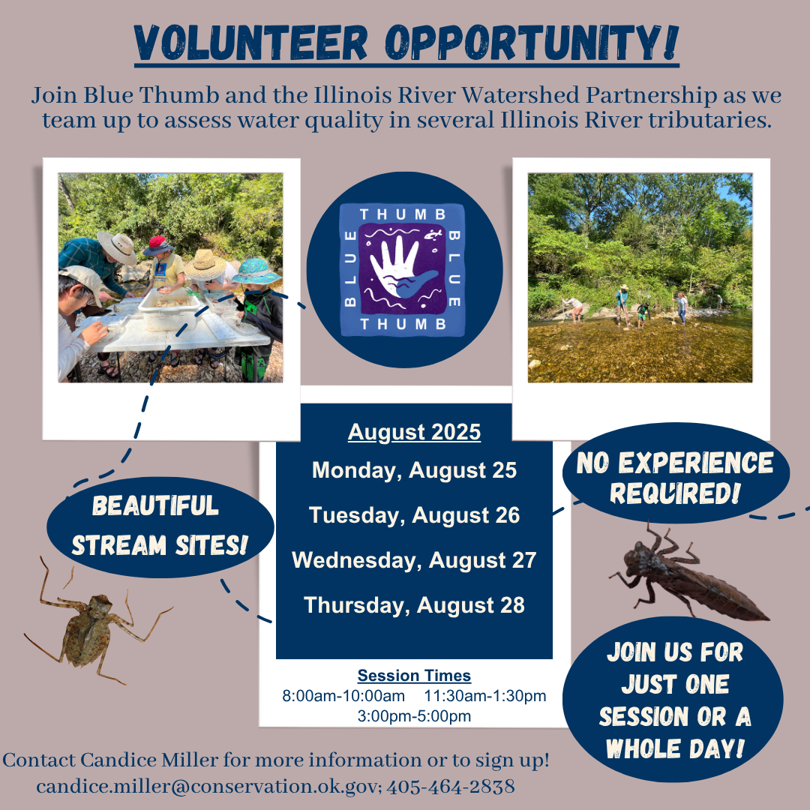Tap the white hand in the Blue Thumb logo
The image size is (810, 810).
point(398,266)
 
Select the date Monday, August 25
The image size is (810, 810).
point(414,470)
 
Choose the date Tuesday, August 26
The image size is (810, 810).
point(414,515)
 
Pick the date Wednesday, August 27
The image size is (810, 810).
point(414,560)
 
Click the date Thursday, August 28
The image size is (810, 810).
point(414,605)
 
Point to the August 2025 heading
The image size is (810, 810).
point(414,432)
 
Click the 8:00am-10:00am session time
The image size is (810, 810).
point(343,696)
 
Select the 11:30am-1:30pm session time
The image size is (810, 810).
point(484,696)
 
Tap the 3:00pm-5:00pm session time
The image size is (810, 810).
point(414,716)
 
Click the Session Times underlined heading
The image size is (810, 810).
point(414,676)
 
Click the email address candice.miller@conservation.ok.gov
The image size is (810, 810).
point(210,787)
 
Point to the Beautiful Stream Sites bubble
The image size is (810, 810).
point(159,525)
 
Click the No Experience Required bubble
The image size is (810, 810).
point(674,478)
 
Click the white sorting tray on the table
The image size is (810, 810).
point(170,307)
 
